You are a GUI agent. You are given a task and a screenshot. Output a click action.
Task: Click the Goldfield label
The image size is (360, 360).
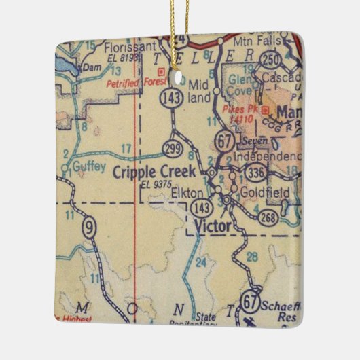coord(264,193)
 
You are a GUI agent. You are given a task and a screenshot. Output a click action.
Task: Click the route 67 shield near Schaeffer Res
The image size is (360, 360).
coord(251,301)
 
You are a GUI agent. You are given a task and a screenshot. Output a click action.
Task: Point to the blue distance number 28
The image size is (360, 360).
coord(252,256)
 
